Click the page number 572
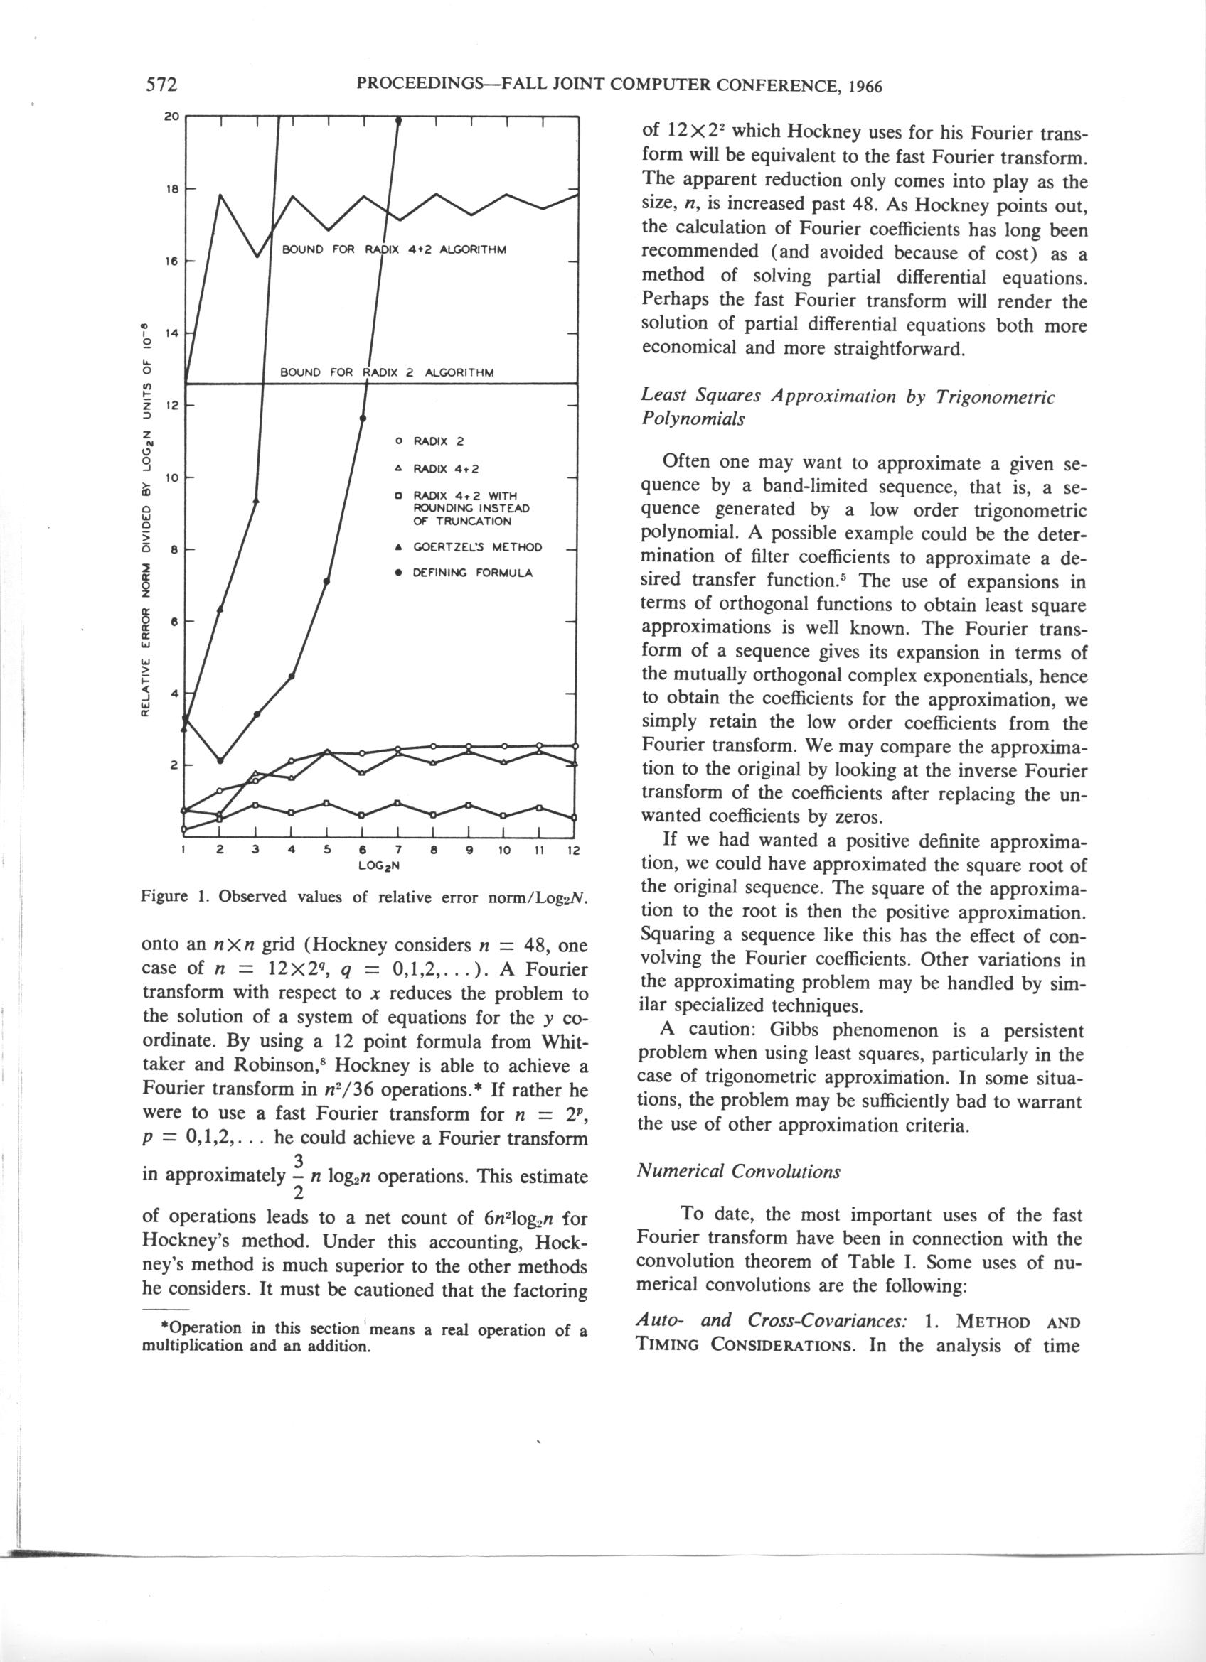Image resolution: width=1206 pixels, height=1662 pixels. pyautogui.click(x=162, y=85)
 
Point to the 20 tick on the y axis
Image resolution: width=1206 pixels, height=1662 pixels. pyautogui.click(x=171, y=117)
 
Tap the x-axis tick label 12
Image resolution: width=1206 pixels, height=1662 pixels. pyautogui.click(x=573, y=851)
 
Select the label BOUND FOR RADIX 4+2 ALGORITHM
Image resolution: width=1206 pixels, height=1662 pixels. pyautogui.click(x=395, y=249)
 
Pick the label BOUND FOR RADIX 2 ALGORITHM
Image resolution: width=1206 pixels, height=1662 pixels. pyautogui.click(x=387, y=372)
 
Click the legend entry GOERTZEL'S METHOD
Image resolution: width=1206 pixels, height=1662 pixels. pyautogui.click(x=477, y=547)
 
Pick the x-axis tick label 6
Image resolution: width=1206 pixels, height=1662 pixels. pyautogui.click(x=362, y=851)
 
